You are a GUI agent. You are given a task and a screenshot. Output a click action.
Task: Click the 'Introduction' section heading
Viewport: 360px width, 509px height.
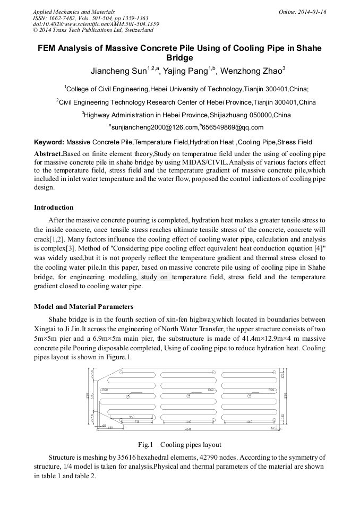(x=54, y=208)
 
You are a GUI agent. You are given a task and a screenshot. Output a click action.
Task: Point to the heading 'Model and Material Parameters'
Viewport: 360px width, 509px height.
(x=83, y=307)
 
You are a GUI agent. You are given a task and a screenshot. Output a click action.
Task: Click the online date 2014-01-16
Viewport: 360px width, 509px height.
(x=312, y=12)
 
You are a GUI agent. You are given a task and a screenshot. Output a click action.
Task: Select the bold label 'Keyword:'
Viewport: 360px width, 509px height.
(x=49, y=142)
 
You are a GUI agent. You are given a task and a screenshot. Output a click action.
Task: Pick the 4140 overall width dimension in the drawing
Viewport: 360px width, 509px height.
(x=188, y=429)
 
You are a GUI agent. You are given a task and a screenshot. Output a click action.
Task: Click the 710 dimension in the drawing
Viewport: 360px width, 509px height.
(x=136, y=422)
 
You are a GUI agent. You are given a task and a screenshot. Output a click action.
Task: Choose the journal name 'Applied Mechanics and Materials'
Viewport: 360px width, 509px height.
(x=73, y=12)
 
